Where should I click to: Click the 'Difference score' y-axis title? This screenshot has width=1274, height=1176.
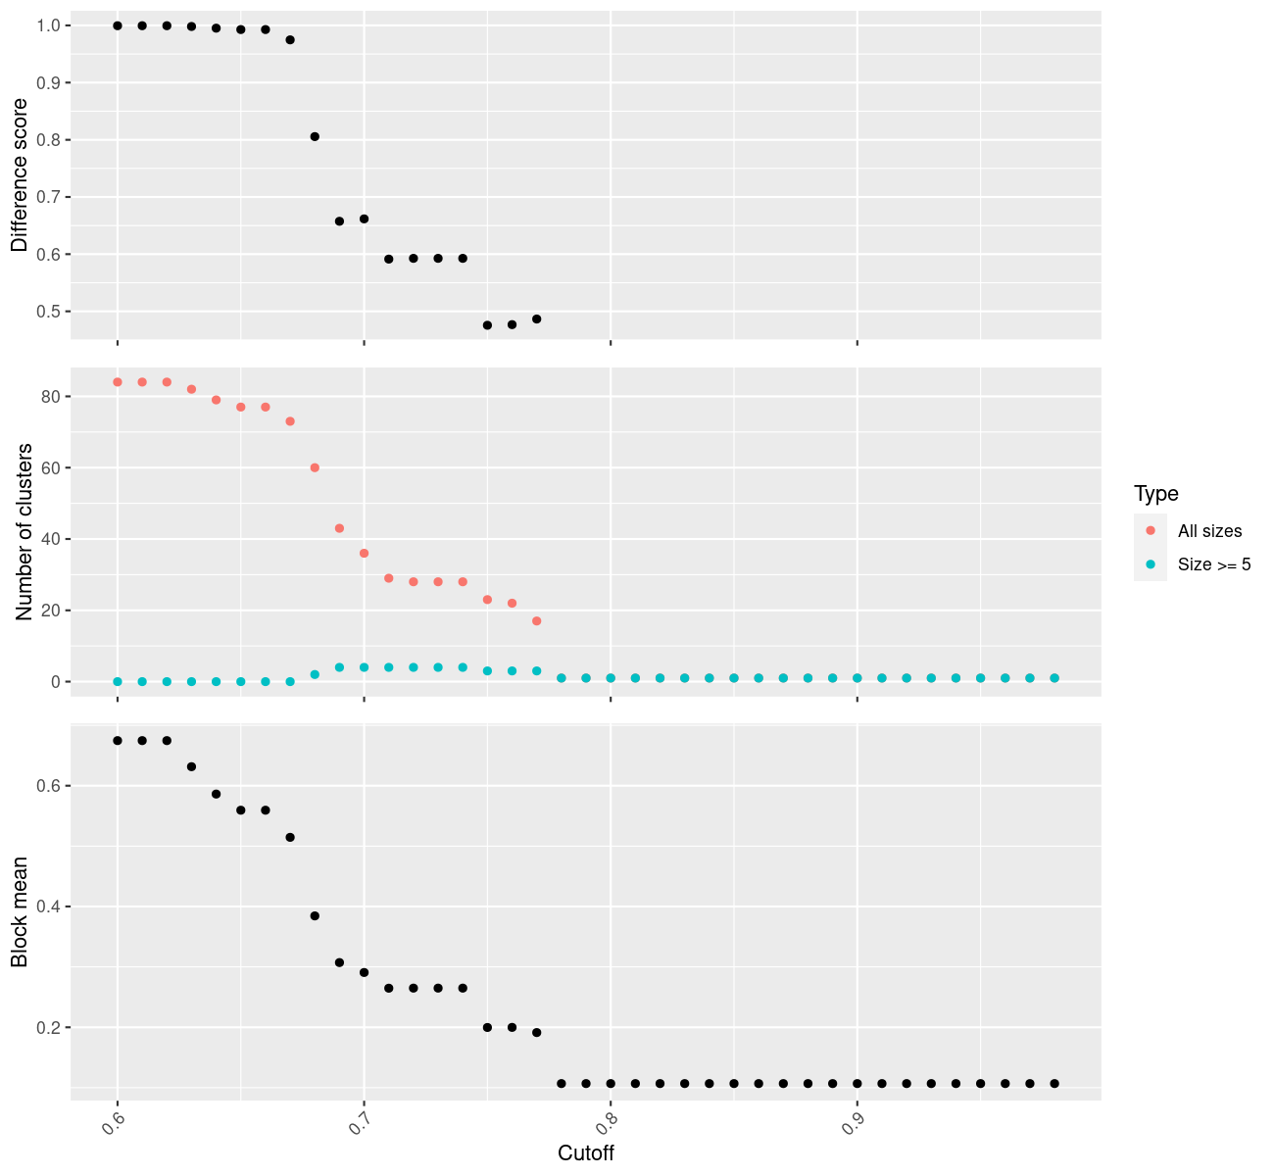point(20,175)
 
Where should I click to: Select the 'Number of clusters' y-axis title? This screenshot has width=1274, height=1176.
point(24,532)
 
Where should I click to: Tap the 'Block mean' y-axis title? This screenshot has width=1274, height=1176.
point(20,912)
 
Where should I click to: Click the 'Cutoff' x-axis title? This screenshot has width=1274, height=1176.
point(586,1153)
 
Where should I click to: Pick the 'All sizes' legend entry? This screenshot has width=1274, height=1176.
point(1209,531)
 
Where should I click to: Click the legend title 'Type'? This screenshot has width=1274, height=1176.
point(1155,494)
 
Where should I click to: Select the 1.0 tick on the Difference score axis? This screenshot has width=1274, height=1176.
point(48,25)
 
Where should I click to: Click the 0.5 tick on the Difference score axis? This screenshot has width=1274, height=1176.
point(48,312)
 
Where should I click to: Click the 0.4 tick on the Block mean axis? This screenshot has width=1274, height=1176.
point(48,906)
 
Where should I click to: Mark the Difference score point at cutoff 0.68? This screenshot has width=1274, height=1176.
point(315,137)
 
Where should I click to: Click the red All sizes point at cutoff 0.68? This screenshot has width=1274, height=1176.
point(315,467)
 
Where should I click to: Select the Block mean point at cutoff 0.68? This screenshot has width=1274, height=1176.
point(315,916)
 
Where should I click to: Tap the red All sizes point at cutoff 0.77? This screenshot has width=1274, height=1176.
point(536,621)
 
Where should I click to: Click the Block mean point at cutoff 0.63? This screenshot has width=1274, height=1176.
point(191,766)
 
